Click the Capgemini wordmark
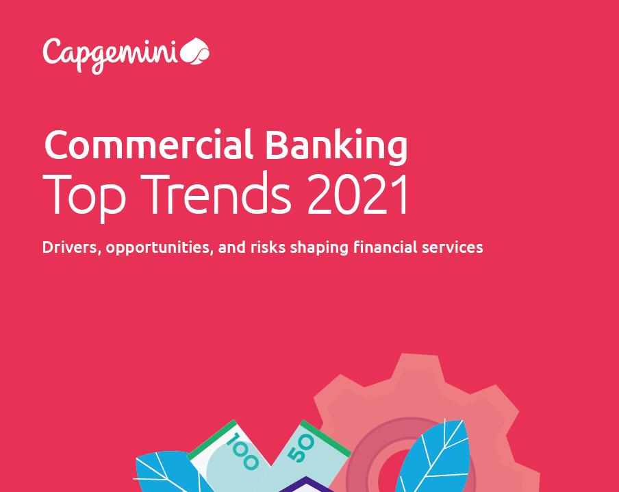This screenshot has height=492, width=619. pos(110,56)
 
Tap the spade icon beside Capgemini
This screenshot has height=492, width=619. pos(194,51)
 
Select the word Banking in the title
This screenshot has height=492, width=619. pos(336,146)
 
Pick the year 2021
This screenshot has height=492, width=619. pos(357,194)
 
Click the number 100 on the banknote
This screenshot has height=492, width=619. pos(242,451)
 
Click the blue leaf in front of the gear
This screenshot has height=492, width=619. pos(432,458)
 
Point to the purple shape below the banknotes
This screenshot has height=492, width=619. pos(305,485)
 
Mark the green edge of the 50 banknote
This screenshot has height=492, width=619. pos(325,437)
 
